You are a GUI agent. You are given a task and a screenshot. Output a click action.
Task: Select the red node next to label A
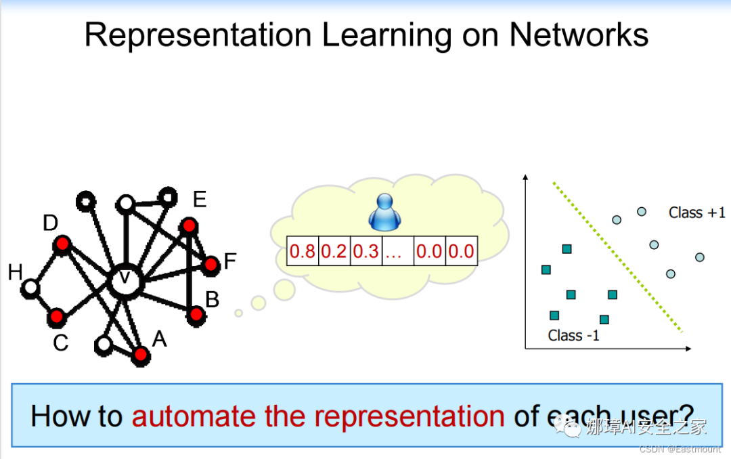[141, 354]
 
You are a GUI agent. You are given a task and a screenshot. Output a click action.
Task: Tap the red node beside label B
[196, 314]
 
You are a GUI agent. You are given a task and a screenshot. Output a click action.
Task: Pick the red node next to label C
[57, 316]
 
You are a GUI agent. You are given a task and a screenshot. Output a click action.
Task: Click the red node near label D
[62, 243]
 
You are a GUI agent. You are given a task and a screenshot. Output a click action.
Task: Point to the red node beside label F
[211, 265]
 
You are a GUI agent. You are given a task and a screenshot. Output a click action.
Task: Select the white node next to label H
[30, 288]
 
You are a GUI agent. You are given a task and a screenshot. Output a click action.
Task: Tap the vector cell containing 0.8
[303, 252]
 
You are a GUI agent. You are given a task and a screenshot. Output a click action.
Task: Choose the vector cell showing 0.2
[334, 252]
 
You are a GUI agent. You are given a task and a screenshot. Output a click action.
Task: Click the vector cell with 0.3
[365, 252]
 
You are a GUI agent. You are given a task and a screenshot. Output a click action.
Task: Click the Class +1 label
[696, 213]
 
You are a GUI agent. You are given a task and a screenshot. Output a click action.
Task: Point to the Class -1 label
[574, 335]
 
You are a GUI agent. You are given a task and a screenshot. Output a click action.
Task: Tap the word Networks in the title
[579, 35]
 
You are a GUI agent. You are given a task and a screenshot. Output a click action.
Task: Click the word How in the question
[53, 416]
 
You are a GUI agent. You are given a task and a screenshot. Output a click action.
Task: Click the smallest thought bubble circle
[238, 313]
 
